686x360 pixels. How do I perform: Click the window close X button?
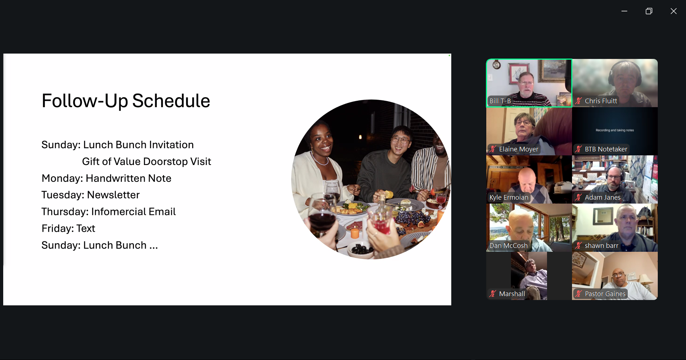[673, 11]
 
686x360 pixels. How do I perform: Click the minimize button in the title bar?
[624, 11]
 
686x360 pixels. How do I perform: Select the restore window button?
[649, 11]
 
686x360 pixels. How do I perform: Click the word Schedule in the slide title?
[171, 101]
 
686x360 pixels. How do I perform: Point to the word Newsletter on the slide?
[113, 195]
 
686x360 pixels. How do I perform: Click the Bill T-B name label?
[500, 101]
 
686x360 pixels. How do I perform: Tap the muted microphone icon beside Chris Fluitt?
[578, 101]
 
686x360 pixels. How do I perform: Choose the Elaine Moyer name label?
[518, 149]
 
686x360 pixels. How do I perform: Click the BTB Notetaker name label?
[606, 149]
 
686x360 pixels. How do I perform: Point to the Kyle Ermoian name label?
[509, 197]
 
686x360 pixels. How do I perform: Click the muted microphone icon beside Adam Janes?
[578, 197]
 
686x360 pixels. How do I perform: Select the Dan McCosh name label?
[508, 246]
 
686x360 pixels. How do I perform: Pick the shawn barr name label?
[601, 246]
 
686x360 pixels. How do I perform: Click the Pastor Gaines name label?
[605, 294]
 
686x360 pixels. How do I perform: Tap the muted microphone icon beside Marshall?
[493, 294]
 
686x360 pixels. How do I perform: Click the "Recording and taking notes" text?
[615, 130]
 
